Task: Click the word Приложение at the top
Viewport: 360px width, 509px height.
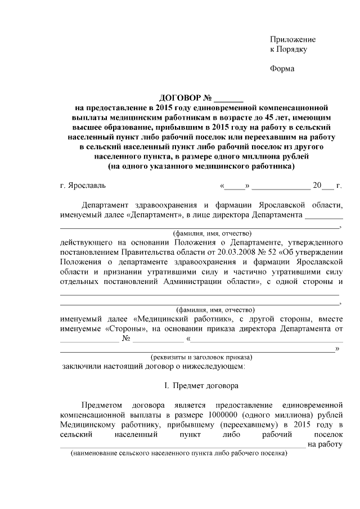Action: (292, 40)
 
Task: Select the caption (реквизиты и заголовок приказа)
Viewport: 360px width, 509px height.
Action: (201, 357)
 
